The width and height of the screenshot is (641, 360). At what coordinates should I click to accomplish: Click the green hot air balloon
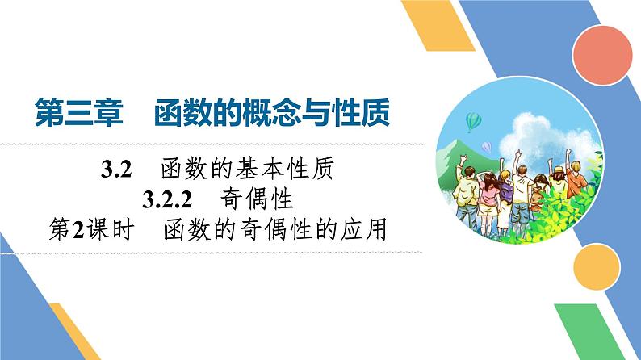(474, 121)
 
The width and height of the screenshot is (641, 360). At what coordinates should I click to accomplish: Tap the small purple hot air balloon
(487, 146)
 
